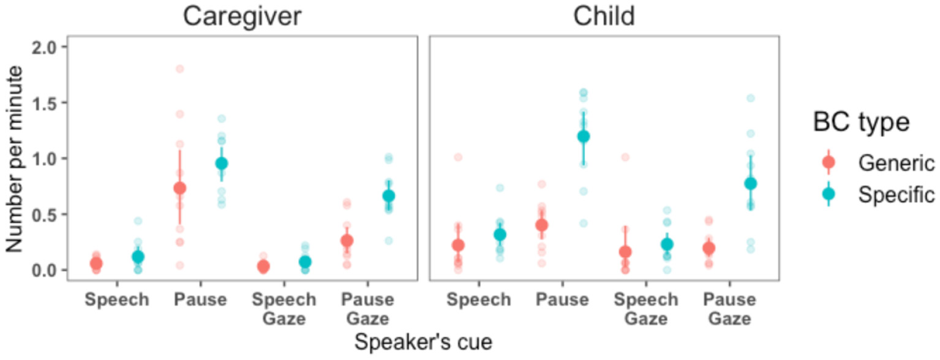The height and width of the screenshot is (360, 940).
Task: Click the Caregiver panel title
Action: [242, 17]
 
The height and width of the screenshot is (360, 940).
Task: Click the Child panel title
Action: [603, 17]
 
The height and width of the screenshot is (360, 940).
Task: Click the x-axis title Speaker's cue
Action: [423, 342]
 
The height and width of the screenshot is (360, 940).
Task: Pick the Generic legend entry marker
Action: [829, 163]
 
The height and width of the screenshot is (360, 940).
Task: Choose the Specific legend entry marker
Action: [829, 194]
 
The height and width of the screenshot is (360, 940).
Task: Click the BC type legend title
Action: [861, 123]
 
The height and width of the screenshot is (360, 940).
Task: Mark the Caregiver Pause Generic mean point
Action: [179, 188]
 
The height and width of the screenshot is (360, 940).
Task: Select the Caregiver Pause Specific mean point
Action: [221, 163]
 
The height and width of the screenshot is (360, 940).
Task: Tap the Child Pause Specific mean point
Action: [583, 136]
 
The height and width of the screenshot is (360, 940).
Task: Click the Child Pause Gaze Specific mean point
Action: [750, 183]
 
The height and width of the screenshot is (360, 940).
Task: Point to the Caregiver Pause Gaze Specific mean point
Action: [388, 196]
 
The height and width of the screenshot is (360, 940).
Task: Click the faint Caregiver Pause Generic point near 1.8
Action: [179, 69]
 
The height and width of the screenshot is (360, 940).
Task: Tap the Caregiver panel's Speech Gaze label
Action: [284, 309]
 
